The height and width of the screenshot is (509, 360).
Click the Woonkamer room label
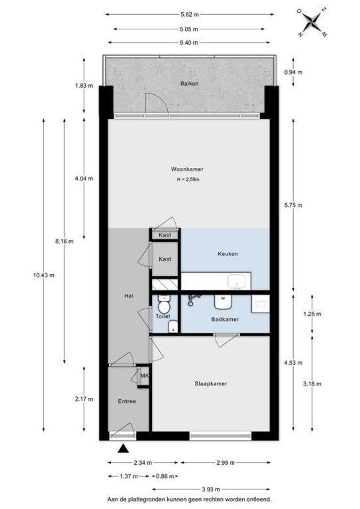pos(187,169)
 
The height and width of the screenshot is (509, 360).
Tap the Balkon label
pos(189,83)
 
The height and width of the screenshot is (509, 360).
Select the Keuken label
pos(228,254)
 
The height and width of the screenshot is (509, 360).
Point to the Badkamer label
pos(225,320)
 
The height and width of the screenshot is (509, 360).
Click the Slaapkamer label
pos(211,384)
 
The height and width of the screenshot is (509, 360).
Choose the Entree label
pos(127,402)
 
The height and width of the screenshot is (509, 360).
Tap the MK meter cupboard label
pos(145,376)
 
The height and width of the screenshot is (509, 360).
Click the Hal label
pos(129,296)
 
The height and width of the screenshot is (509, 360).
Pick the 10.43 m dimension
pos(44,275)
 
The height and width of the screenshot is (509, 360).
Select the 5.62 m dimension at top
pos(189,14)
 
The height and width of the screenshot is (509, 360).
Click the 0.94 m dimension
pos(293,72)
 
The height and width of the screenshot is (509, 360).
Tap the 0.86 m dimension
pos(165,476)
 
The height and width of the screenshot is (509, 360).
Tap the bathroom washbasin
pos(223,302)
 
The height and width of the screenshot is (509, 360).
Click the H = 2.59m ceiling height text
pos(188,179)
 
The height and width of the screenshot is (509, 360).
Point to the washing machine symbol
pos(261,304)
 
